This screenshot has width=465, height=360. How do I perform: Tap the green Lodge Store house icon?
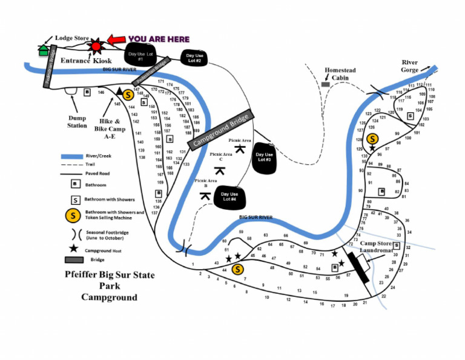click(x=44, y=50)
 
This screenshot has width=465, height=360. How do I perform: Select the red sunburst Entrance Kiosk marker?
click(x=95, y=46)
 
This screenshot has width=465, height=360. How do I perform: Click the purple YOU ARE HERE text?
click(x=158, y=39)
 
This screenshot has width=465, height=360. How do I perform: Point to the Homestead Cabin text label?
click(x=340, y=73)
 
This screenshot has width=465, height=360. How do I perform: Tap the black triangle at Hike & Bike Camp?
click(x=120, y=91)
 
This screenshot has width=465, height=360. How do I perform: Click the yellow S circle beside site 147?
click(x=128, y=95)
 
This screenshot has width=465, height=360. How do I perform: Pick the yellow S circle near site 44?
click(x=237, y=269)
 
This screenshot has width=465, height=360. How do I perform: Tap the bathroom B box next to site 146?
click(x=87, y=92)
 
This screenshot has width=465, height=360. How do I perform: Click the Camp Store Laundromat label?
click(x=376, y=246)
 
